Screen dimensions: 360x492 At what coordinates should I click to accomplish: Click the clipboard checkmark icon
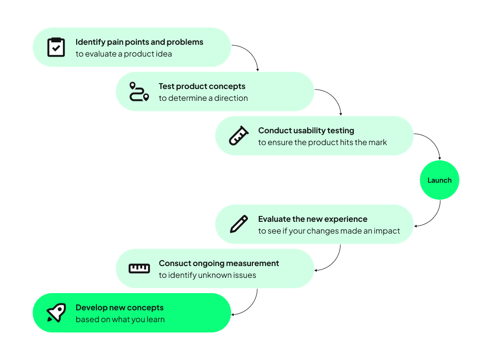click(56, 47)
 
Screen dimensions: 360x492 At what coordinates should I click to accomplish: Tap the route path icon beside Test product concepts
click(139, 91)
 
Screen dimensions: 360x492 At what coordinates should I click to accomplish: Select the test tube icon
click(239, 136)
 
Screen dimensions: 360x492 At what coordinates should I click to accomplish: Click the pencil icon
click(239, 224)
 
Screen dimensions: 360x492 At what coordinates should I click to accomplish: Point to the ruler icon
click(139, 268)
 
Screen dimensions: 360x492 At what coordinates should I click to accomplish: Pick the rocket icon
click(56, 313)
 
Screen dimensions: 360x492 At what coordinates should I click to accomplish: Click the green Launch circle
click(439, 180)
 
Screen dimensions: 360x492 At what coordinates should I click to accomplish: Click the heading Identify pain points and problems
click(139, 42)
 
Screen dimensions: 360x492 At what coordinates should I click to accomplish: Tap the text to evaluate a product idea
click(123, 54)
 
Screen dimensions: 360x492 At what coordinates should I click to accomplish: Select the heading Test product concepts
click(202, 87)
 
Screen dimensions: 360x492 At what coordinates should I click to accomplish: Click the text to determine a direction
click(203, 98)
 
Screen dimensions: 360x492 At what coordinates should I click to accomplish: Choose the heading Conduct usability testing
click(306, 131)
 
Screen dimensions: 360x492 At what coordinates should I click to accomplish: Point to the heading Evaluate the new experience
click(312, 219)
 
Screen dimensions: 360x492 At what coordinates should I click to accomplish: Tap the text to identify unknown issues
click(207, 275)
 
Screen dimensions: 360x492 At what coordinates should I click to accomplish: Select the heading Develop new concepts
click(120, 308)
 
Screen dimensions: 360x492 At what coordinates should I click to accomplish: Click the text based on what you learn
click(120, 320)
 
